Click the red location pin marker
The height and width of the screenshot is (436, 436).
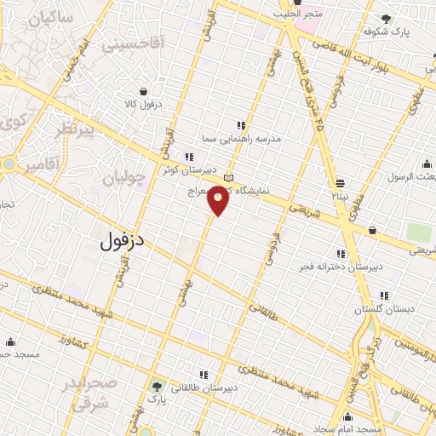click(x=219, y=199)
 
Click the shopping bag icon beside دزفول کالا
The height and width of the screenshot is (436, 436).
click(x=142, y=91)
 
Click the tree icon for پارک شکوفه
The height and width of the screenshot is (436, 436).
click(x=387, y=19)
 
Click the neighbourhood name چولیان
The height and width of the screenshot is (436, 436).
click(x=124, y=178)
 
